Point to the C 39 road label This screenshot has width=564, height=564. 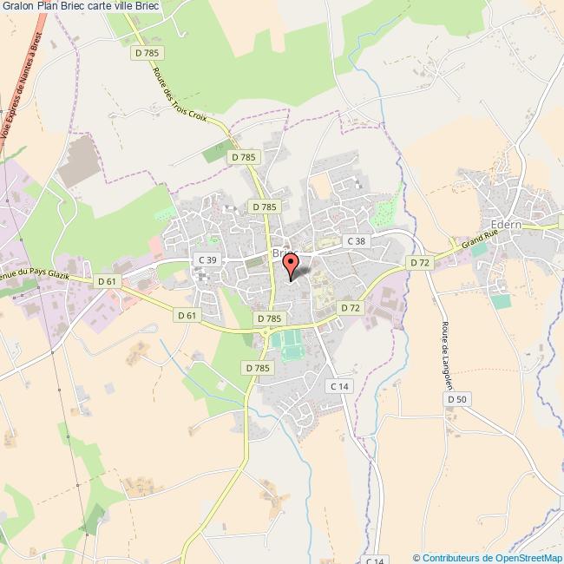click(207, 259)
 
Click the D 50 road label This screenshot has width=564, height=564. click(457, 398)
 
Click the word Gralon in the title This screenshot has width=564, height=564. click(17, 8)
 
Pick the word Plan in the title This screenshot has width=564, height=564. click(48, 8)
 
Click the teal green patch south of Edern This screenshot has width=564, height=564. click(500, 301)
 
